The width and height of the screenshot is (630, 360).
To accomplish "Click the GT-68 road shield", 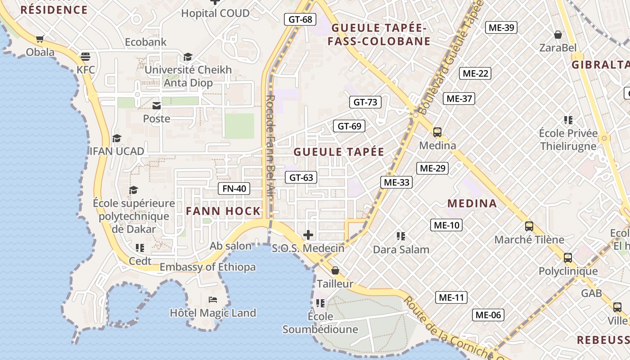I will [x=301, y=19].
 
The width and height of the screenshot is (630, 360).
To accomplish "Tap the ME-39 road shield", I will [x=501, y=27].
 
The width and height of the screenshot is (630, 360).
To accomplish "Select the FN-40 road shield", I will [x=234, y=189].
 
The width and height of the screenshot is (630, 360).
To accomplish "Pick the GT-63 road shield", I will [x=301, y=178].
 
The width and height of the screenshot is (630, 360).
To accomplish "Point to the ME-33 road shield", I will [x=396, y=182].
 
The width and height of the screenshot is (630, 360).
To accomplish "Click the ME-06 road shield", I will [x=488, y=315].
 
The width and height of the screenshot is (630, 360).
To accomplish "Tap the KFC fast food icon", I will [x=85, y=57].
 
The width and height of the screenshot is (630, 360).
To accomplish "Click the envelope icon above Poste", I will [x=157, y=106].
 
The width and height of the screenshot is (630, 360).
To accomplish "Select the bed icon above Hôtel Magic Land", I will [x=213, y=300].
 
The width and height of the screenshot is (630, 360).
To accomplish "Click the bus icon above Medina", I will [x=437, y=132].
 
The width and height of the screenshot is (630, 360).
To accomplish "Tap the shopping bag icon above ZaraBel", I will [x=558, y=35].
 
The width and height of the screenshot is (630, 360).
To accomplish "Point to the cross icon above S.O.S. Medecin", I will [x=308, y=235].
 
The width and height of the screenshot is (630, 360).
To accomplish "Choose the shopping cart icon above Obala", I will [x=40, y=39].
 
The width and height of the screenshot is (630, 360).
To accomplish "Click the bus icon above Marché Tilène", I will [x=529, y=226].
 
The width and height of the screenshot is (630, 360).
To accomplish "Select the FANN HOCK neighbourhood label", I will [x=224, y=211].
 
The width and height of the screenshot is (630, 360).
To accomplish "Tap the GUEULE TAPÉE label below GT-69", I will [x=339, y=152].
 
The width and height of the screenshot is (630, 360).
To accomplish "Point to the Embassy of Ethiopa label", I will [x=207, y=267].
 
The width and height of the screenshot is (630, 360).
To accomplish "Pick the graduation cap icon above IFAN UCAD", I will [x=117, y=138].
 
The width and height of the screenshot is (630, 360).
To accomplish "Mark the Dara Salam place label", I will [x=401, y=249].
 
